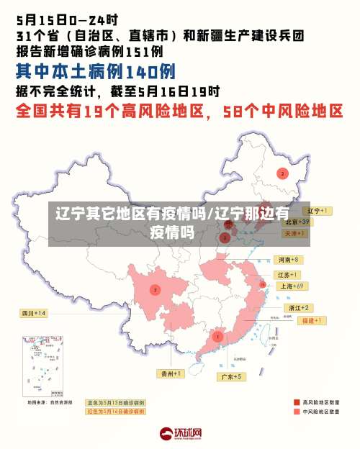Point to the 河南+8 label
pyautogui.click(x=288, y=259)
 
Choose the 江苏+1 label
pyautogui.click(x=288, y=275)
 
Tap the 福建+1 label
pyautogui.click(x=314, y=319)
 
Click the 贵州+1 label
pyautogui.click(x=171, y=373)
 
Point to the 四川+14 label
pyautogui.click(x=34, y=313)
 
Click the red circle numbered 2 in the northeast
pyautogui.click(x=282, y=173)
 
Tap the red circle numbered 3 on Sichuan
pyautogui.click(x=155, y=289)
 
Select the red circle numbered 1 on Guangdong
pyautogui.click(x=218, y=336)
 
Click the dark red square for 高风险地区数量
pyautogui.click(x=297, y=402)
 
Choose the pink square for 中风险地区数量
pyautogui.click(x=297, y=412)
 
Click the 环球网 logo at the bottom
pyautogui.click(x=180, y=434)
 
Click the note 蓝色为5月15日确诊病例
pyautogui.click(x=115, y=403)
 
